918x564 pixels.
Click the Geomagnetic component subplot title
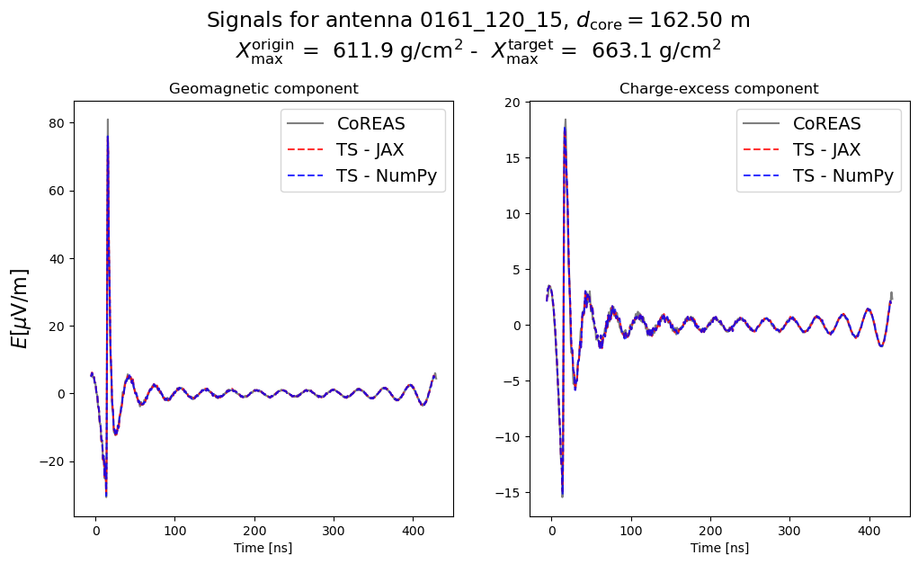263,89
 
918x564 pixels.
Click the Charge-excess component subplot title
718,89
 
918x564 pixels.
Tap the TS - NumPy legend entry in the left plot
386,176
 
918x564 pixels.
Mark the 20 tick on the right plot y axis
514,103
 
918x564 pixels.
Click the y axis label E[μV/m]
19,308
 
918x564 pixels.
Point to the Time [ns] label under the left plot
263,548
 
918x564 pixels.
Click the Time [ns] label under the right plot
719,548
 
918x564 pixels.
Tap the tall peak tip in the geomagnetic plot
108,120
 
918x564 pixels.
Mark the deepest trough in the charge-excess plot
562,496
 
